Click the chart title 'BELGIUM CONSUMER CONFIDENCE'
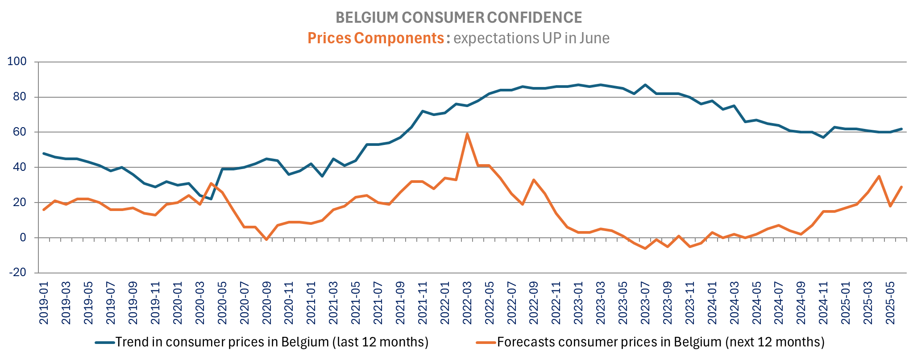coord(458,17)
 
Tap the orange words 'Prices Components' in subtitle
coord(375,38)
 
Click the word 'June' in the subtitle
coord(594,38)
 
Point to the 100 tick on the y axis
coord(17,62)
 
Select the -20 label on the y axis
coord(17,273)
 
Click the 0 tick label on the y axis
coord(23,238)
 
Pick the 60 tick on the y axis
coord(20,132)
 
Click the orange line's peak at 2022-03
coord(467,134)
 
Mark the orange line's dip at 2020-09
coord(266,240)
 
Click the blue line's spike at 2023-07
coord(645,85)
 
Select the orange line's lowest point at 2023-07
coord(645,248)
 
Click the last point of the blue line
coord(901,129)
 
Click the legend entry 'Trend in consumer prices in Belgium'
coord(272,342)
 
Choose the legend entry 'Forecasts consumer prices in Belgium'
coord(660,342)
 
